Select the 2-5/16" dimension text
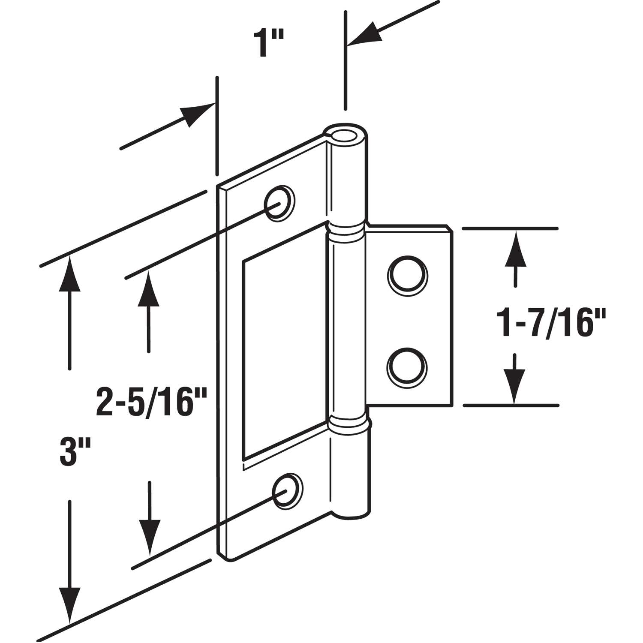pos(151,402)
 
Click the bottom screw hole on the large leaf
pos(288,491)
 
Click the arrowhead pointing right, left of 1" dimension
pos(197,113)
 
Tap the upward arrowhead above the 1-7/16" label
pos(514,249)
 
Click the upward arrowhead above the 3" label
pos(69,274)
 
